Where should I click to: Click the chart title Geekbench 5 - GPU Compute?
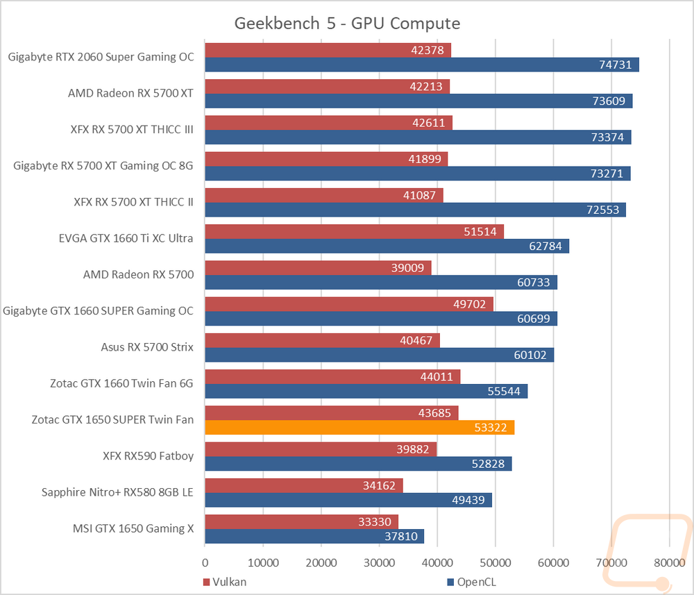tap(347, 24)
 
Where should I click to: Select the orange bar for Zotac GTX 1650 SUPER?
tap(359, 428)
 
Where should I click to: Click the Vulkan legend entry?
tap(225, 582)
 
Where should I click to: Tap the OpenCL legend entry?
tap(472, 582)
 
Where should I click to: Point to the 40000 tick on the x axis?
tap(437, 562)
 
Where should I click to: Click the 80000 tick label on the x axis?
tap(670, 562)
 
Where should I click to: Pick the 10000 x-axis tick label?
tap(263, 562)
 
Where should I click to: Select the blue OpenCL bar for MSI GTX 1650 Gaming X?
tap(314, 537)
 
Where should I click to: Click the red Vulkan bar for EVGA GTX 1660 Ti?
tap(354, 231)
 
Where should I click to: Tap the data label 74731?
tap(615, 65)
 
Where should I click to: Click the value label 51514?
tap(480, 231)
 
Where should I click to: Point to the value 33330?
tap(375, 522)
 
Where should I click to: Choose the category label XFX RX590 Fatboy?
tap(149, 456)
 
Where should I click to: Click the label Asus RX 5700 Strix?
tap(147, 347)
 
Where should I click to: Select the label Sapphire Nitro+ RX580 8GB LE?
tap(117, 492)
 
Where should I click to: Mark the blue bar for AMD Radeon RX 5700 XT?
tap(418, 101)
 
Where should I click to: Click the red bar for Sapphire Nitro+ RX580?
tap(304, 486)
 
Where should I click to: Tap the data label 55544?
tap(504, 392)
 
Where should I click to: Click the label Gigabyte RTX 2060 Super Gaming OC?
tap(101, 57)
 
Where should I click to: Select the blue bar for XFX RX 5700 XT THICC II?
tap(416, 210)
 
